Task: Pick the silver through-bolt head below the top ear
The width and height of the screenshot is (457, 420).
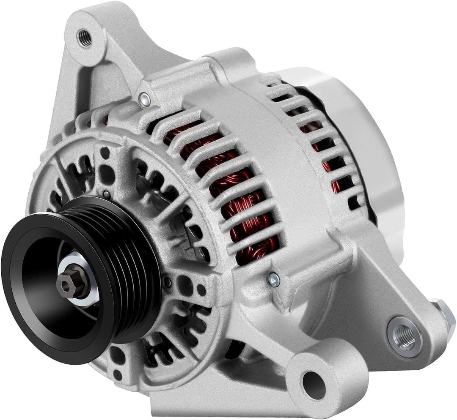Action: coord(144,99)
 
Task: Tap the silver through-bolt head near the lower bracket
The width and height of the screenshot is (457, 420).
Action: coord(274,279)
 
